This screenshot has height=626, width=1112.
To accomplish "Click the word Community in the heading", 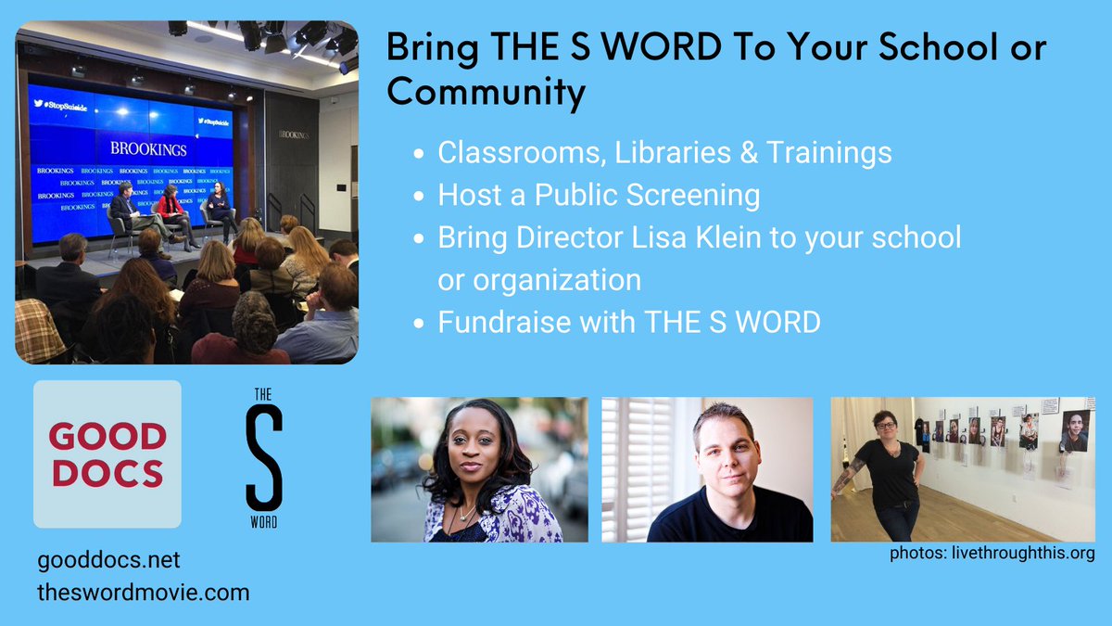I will click(x=486, y=93).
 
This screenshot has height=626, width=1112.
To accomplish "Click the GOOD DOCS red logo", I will click(x=107, y=454).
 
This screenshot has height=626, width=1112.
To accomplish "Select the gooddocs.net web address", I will click(x=109, y=562).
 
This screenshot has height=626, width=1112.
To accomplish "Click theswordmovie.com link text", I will click(x=145, y=592).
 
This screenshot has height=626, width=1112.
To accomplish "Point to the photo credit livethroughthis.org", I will click(x=992, y=555).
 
